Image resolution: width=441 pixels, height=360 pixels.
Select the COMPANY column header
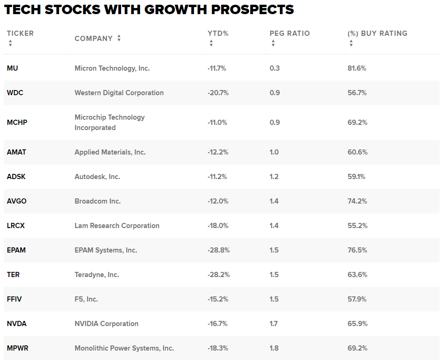click(93, 39)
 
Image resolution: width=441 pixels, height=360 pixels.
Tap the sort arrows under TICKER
click(10, 43)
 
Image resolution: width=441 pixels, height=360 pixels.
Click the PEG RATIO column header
click(289, 33)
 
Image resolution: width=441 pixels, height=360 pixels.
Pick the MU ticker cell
click(12, 68)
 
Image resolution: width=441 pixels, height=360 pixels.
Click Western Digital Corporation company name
click(119, 93)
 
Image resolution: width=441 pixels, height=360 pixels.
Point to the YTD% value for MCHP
click(217, 123)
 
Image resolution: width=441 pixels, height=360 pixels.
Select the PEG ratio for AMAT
click(274, 152)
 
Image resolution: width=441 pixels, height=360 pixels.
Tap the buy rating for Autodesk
click(356, 177)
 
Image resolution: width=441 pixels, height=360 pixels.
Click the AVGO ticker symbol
click(16, 201)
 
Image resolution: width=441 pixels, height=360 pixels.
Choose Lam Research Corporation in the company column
click(117, 226)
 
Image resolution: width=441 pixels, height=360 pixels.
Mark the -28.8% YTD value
click(218, 250)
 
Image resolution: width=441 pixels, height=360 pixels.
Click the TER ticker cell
click(13, 275)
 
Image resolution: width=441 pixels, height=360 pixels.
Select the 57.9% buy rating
click(357, 299)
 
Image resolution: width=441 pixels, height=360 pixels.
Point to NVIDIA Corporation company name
click(106, 324)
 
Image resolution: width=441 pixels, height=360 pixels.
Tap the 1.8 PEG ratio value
click(274, 348)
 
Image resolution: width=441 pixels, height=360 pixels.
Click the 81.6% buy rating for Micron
click(357, 68)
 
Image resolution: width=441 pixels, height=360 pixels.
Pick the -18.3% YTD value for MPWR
click(218, 348)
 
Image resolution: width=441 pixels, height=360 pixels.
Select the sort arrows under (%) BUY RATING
click(351, 43)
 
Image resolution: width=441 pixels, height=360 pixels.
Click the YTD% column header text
click(218, 33)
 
